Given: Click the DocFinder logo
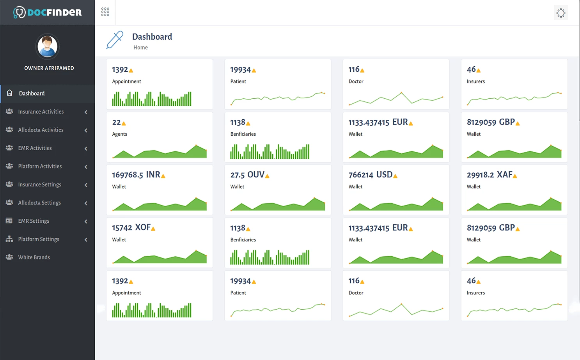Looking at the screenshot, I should click(48, 12).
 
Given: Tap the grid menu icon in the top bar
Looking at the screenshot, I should click(105, 12).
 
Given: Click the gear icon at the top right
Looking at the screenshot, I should click(560, 13).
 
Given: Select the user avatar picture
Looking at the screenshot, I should click(48, 46).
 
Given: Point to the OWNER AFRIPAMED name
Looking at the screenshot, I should click(49, 68).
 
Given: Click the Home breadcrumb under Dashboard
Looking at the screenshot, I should click(140, 48).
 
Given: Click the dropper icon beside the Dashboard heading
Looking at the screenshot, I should click(115, 40).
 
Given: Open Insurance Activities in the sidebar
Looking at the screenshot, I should click(41, 112).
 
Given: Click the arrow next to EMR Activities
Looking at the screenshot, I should click(86, 149).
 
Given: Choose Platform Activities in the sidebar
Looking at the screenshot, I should click(40, 166).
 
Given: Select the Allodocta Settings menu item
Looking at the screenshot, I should click(39, 203).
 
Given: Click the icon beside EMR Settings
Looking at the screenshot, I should click(9, 221).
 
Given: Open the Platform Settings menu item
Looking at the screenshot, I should click(39, 239).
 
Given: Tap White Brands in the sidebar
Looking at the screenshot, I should click(34, 257).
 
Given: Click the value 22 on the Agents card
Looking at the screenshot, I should click(116, 122).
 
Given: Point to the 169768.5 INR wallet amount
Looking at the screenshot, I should click(136, 175).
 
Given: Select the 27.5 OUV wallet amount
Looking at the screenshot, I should click(247, 175).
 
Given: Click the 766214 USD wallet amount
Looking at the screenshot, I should click(370, 175).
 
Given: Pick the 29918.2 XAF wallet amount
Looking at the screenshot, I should click(489, 175).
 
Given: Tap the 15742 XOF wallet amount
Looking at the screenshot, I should click(131, 228).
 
